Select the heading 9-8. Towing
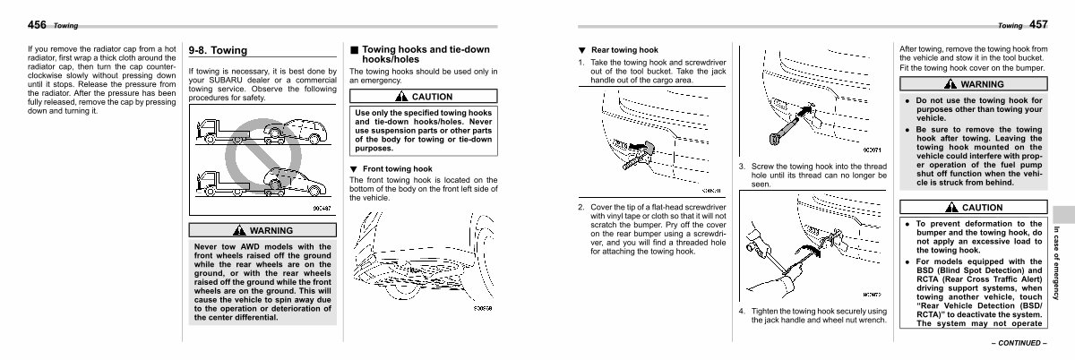point(218,51)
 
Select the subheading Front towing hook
point(397,168)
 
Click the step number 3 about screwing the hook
point(742,167)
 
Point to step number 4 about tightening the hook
point(742,311)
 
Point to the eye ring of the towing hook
point(771,140)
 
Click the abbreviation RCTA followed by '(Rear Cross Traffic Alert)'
point(930,279)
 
